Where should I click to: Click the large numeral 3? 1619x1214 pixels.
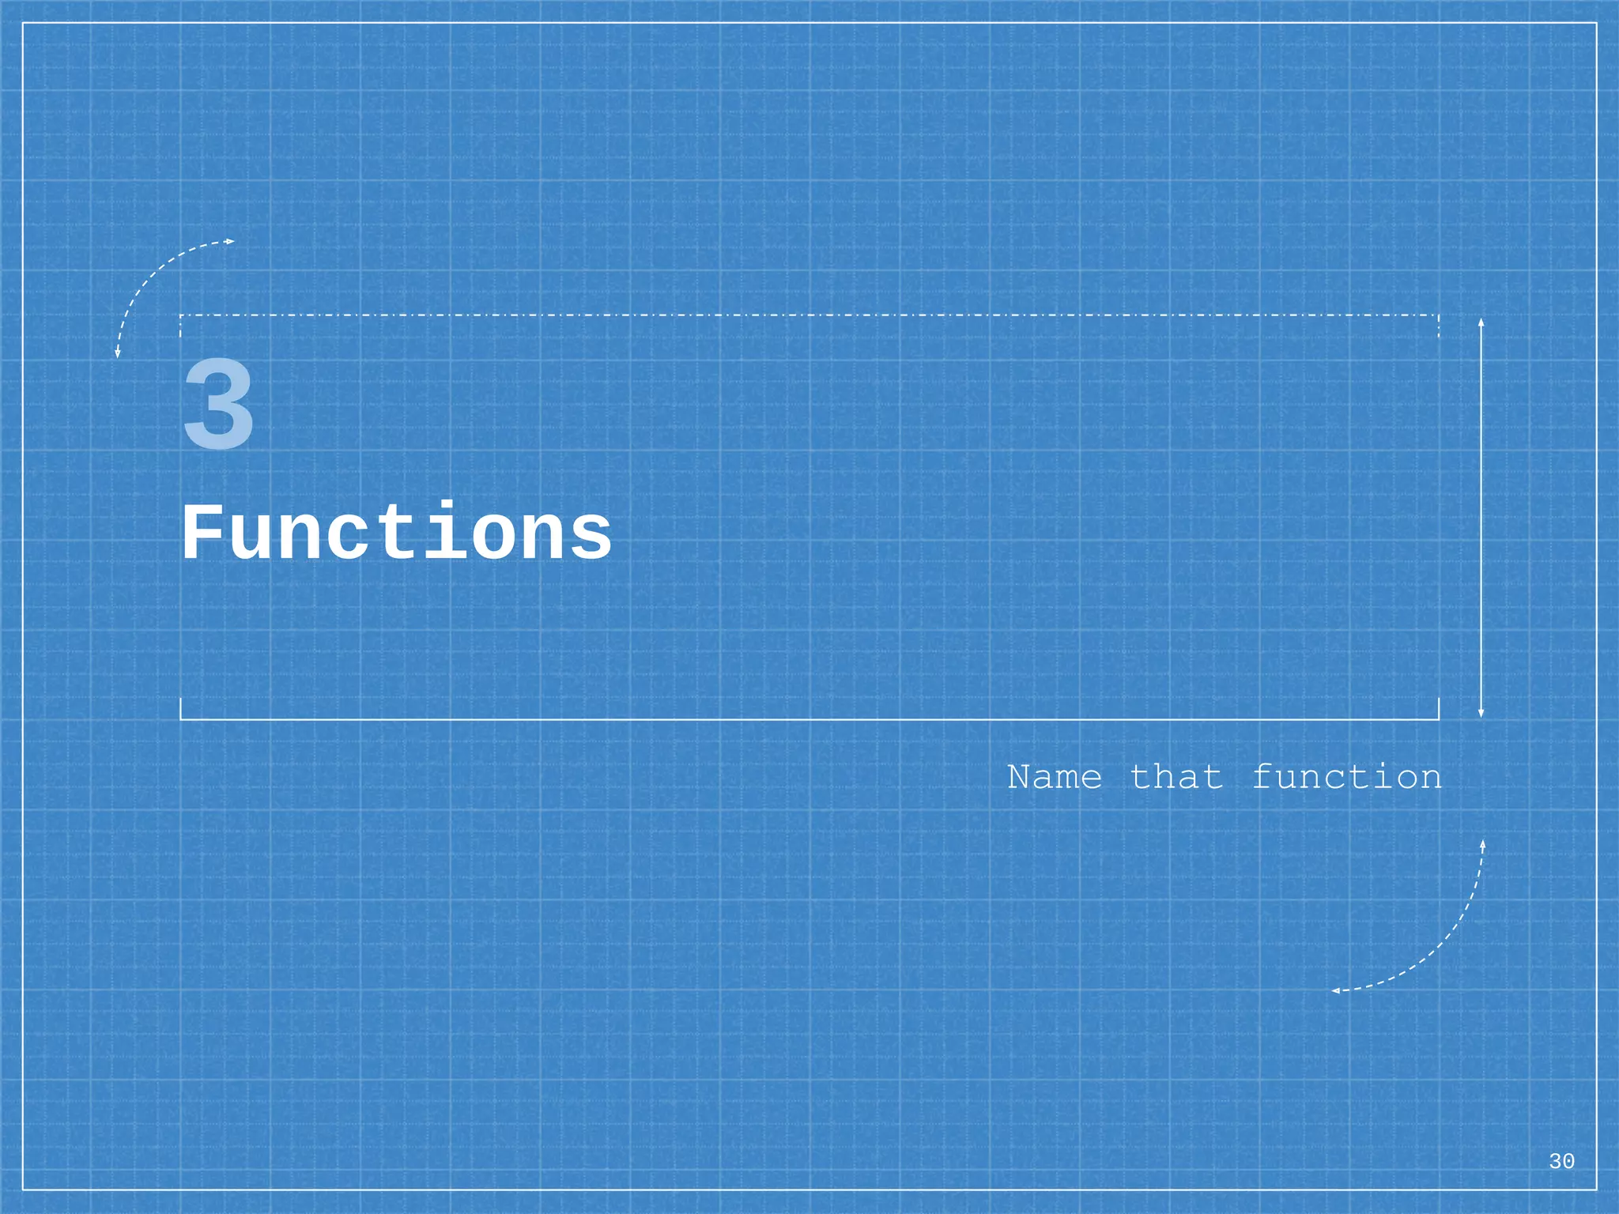pos(219,405)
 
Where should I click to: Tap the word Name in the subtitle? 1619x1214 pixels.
pos(1055,778)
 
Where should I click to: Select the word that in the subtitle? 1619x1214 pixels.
pos(1176,778)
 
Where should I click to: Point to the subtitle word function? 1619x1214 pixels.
pos(1347,778)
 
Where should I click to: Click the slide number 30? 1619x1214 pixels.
pos(1561,1161)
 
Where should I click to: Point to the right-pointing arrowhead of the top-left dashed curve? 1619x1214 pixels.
pos(231,241)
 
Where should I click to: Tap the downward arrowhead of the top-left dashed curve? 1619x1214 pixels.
pos(118,353)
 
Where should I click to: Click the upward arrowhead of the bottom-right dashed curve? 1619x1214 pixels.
pos(1483,845)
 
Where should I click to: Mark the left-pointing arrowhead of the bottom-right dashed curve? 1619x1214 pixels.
pos(1335,990)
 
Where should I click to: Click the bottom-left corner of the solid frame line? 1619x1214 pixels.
pos(181,719)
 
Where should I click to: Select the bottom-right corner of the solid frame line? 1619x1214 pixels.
pos(1439,719)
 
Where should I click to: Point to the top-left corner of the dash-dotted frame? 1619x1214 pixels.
pos(181,315)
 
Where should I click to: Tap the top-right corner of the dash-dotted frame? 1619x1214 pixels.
pos(1439,315)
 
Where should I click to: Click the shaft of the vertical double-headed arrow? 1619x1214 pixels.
pos(1481,518)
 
